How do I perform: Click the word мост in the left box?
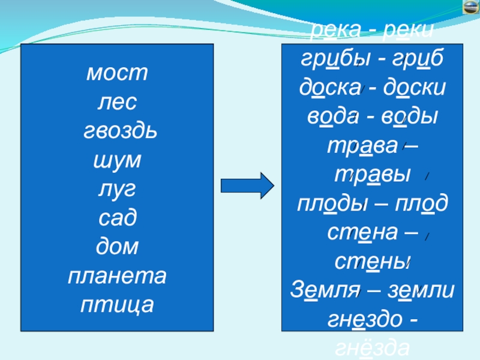click(x=117, y=75)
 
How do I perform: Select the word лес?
click(x=117, y=103)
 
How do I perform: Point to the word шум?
click(x=117, y=161)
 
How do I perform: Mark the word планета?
click(x=117, y=275)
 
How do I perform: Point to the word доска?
click(x=329, y=88)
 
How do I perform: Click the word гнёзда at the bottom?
click(x=372, y=348)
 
